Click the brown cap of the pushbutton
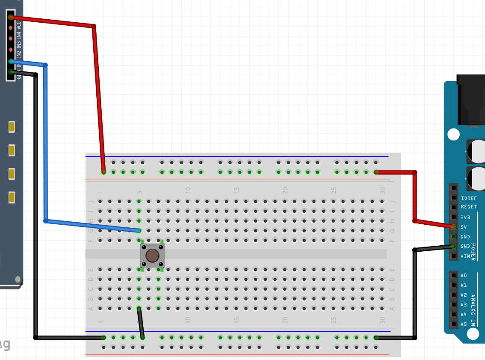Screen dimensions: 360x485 (152, 256)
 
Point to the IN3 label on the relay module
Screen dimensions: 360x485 (19, 45)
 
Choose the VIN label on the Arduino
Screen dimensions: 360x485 (465, 256)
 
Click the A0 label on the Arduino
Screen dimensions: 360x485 (464, 276)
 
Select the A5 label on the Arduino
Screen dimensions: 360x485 (464, 324)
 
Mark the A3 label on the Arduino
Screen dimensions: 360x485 (464, 305)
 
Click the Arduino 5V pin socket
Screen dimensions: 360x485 (453, 227)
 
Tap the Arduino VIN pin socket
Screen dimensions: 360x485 (453, 256)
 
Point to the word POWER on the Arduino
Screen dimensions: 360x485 (473, 252)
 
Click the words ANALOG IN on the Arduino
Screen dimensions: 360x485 (473, 310)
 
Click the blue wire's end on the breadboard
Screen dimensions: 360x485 (139, 230)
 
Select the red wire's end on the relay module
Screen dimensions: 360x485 (11, 18)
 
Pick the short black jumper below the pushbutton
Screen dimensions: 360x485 (141, 323)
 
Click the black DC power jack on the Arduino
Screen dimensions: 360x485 (471, 101)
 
